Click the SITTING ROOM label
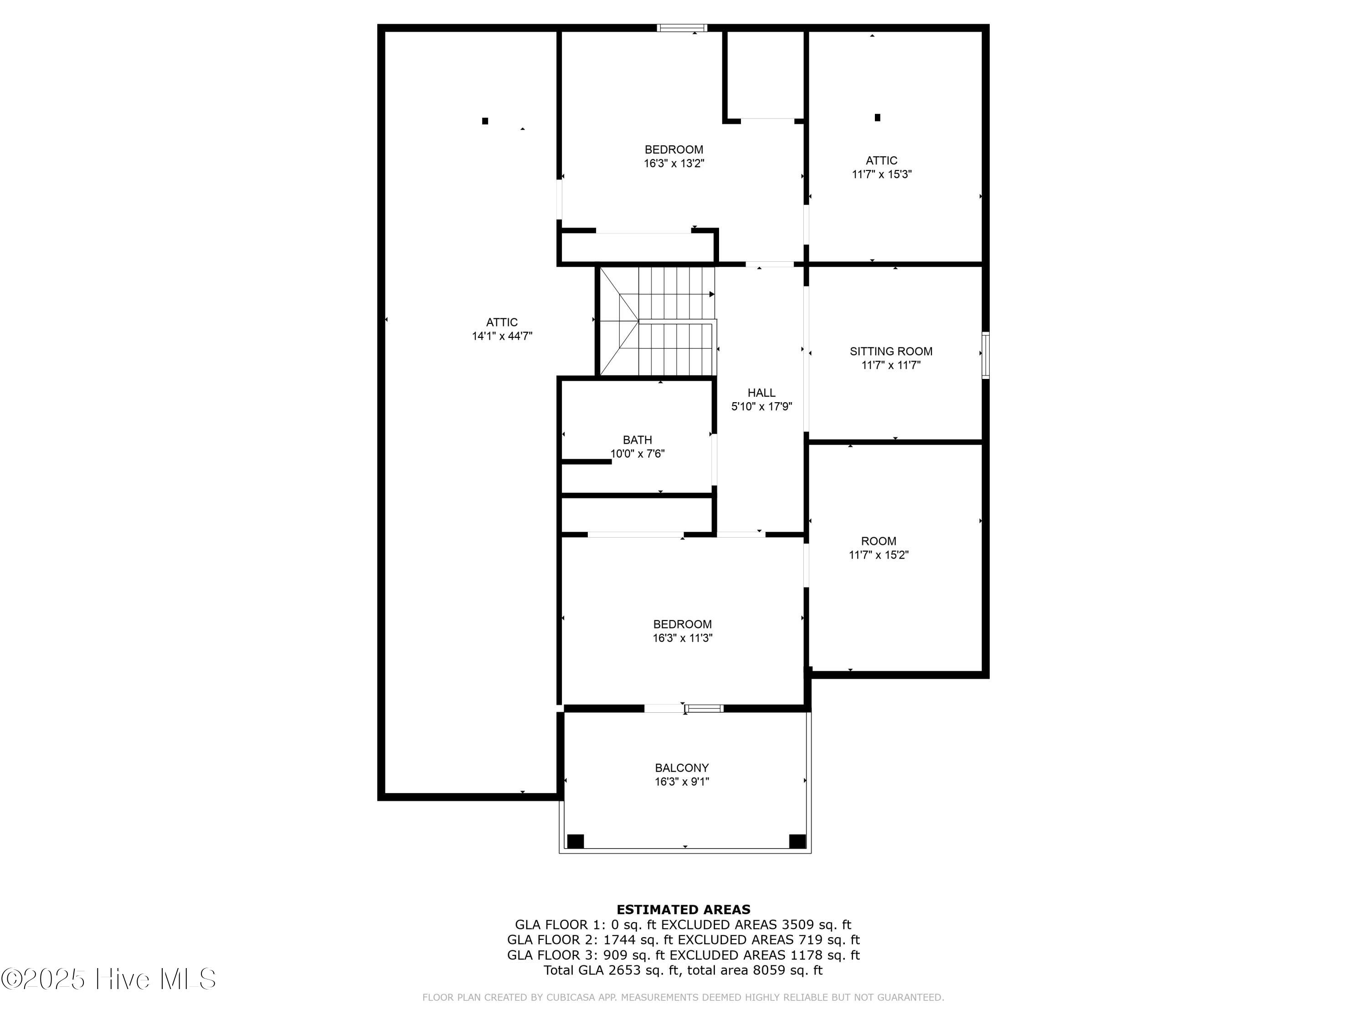pyautogui.click(x=890, y=351)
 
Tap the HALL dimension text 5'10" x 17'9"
pyautogui.click(x=761, y=406)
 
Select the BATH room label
pyautogui.click(x=637, y=440)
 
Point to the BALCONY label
pyautogui.click(x=682, y=767)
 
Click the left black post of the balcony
pyautogui.click(x=576, y=841)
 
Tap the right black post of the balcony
pyautogui.click(x=797, y=841)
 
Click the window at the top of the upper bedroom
pyautogui.click(x=682, y=28)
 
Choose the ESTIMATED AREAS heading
pyautogui.click(x=683, y=909)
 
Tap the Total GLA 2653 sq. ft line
pyautogui.click(x=683, y=970)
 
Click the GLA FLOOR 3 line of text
pyautogui.click(x=683, y=955)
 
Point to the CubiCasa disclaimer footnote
pyautogui.click(x=683, y=997)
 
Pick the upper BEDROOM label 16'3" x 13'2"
pyautogui.click(x=673, y=150)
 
